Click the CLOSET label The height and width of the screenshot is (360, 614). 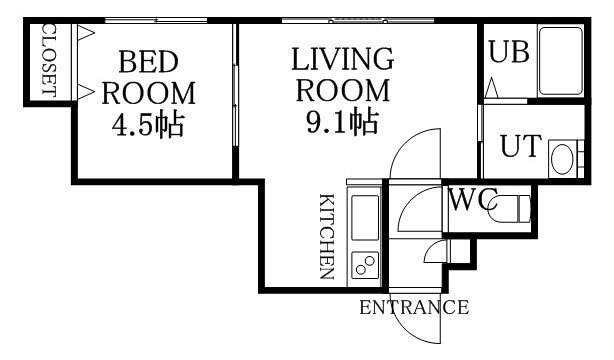(49, 61)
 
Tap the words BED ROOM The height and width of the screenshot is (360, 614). (148, 77)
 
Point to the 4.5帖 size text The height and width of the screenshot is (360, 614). (148, 125)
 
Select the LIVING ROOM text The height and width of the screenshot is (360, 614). (343, 74)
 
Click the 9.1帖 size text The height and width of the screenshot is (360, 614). (342, 122)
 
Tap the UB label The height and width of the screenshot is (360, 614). (509, 52)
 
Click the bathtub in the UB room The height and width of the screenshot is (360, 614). (560, 61)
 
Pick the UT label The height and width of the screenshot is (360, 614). (521, 146)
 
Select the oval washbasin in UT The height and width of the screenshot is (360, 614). (562, 159)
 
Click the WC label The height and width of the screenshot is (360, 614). (472, 200)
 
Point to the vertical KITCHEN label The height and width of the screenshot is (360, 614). (327, 237)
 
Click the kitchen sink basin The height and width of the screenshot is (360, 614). (365, 217)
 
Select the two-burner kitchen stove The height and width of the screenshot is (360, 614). (365, 265)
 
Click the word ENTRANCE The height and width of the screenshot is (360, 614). (414, 307)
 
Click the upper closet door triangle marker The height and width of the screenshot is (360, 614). (85, 33)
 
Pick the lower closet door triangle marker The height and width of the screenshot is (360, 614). (85, 92)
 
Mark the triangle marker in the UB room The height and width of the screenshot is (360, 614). (491, 88)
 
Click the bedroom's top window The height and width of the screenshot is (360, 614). (156, 20)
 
